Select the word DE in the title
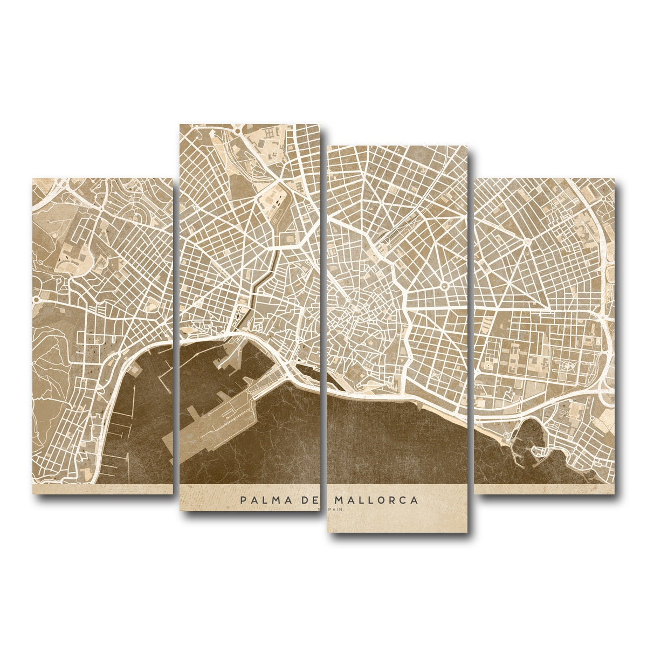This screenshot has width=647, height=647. click(311, 500)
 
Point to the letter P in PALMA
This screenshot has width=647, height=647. click(244, 500)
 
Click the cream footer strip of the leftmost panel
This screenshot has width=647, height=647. click(102, 488)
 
